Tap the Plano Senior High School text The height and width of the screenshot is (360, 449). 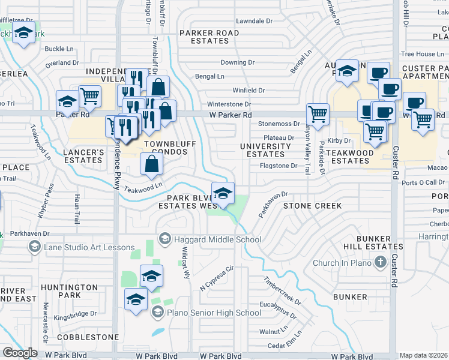tap(214, 312)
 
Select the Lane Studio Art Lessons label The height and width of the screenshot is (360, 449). tap(89, 247)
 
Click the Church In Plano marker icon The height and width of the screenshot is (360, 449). tap(379, 262)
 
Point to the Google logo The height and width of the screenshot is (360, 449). tap(20, 353)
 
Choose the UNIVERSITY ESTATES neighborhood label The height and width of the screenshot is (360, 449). tap(265, 150)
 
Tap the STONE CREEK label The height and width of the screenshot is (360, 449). tap(312, 206)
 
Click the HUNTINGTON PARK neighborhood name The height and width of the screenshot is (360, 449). tap(70, 291)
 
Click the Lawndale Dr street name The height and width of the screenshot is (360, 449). tap(254, 21)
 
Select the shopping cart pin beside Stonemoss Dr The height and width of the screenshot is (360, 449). tap(317, 113)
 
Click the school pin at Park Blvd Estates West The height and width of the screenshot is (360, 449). tap(223, 194)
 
